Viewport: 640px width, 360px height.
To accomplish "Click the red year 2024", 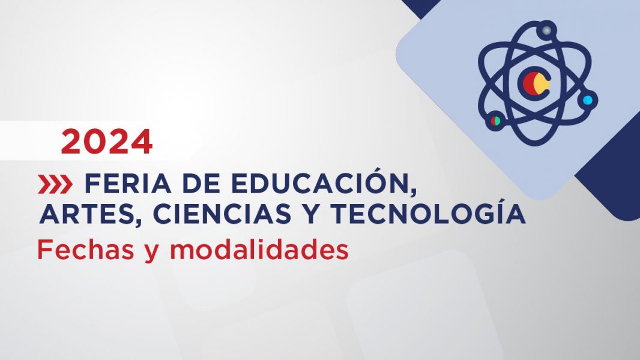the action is click(107, 142).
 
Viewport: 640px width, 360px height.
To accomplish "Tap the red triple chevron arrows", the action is click(55, 184).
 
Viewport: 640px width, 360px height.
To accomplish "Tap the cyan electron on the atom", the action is click(587, 100).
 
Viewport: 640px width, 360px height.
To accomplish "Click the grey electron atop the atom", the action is click(546, 30).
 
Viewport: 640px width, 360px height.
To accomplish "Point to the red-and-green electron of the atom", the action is click(495, 121).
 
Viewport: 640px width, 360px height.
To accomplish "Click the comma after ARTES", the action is click(134, 223).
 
